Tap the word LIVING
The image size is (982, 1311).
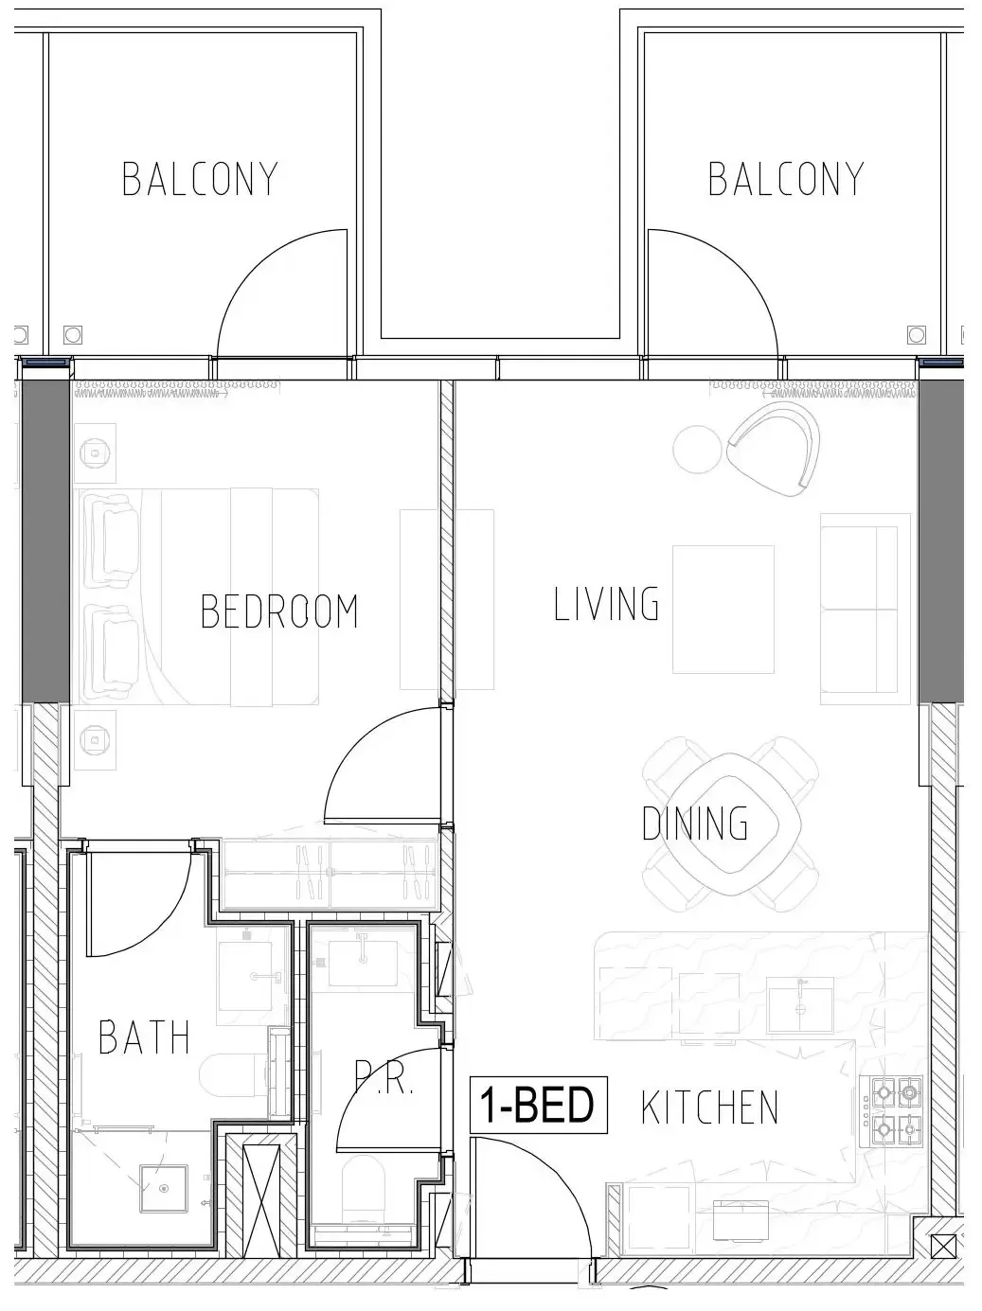click(606, 604)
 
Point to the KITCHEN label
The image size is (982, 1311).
click(710, 1107)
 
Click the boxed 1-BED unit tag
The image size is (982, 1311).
click(538, 1105)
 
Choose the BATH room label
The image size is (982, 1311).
click(144, 1036)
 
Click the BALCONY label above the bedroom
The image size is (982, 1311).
click(200, 179)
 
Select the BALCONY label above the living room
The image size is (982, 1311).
click(786, 179)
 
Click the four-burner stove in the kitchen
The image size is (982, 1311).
click(895, 1111)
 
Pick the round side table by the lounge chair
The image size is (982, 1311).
click(697, 449)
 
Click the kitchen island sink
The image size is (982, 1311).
click(800, 1005)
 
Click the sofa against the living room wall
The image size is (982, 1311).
click(859, 610)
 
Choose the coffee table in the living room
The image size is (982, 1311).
click(723, 610)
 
